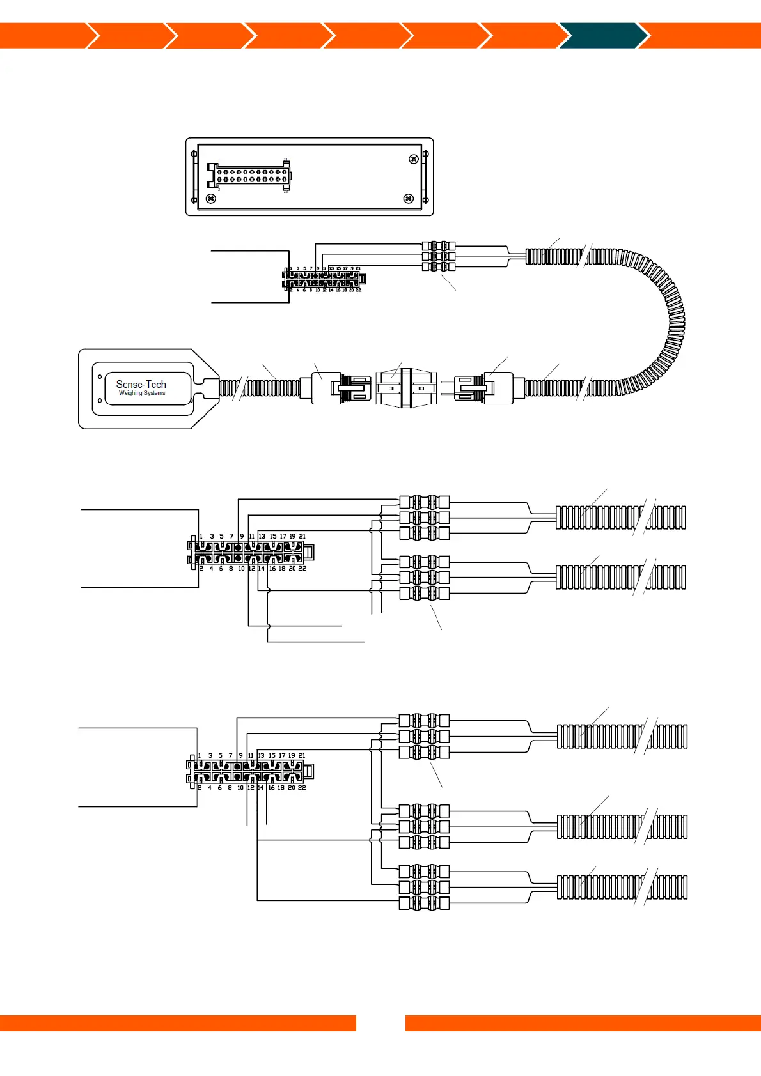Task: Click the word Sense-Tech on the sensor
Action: tap(141, 384)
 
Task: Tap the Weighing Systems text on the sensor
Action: tap(141, 394)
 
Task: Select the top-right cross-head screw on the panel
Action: tap(413, 159)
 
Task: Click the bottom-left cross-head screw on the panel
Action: tap(211, 199)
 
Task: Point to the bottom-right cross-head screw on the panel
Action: tap(409, 199)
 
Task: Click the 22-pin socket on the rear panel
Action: tap(249, 176)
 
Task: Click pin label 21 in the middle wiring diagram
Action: tap(302, 537)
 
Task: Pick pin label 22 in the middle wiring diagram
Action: tap(302, 569)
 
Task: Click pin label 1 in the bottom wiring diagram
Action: tap(200, 756)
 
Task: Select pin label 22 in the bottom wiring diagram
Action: tap(302, 788)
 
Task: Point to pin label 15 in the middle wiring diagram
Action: tap(273, 537)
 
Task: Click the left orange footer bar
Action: tap(178, 1023)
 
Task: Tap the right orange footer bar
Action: tap(583, 1023)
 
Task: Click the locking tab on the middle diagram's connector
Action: tap(309, 552)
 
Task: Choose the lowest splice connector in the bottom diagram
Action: tap(424, 903)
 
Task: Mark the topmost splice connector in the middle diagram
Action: tap(424, 502)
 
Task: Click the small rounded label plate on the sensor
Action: tap(148, 388)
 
